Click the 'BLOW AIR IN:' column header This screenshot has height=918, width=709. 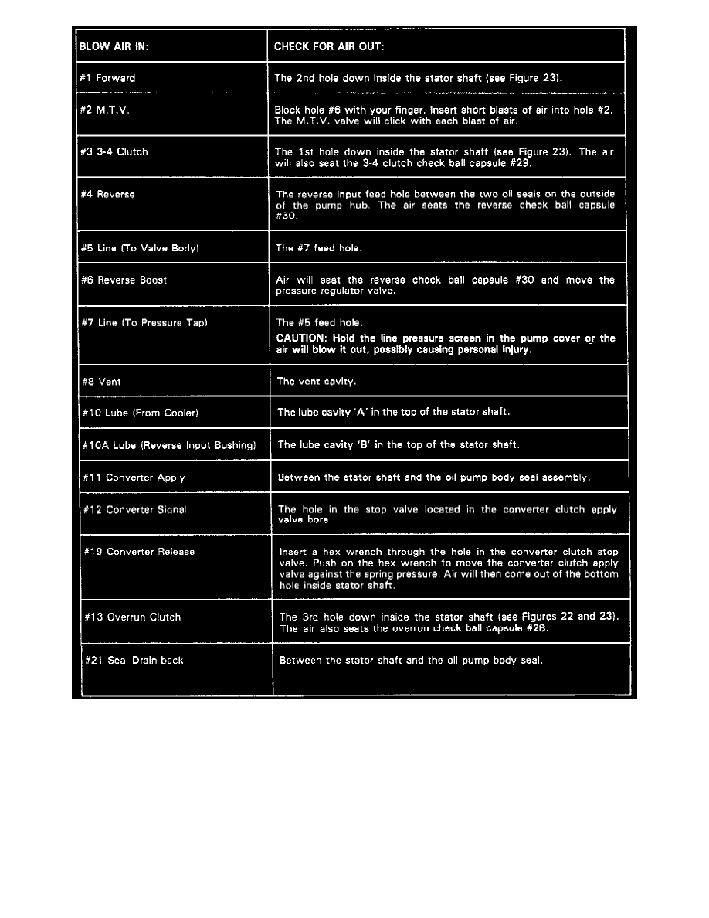click(x=114, y=46)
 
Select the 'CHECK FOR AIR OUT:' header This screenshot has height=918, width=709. click(x=329, y=46)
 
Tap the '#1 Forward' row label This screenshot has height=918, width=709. click(x=107, y=78)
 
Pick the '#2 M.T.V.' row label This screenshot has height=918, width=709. click(x=104, y=110)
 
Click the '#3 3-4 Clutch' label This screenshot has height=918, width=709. click(x=114, y=151)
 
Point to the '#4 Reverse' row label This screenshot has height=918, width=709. click(x=107, y=194)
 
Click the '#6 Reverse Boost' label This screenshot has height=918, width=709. click(x=124, y=280)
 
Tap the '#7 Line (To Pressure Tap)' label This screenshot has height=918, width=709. click(x=143, y=322)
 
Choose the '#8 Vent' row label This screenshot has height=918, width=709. click(x=101, y=382)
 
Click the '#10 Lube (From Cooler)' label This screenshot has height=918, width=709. click(x=141, y=413)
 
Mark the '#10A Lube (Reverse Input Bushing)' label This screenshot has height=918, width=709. click(x=169, y=445)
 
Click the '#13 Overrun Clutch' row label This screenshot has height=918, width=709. click(x=133, y=617)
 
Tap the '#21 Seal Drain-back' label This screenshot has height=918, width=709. click(x=134, y=661)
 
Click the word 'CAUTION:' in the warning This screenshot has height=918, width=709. click(x=301, y=338)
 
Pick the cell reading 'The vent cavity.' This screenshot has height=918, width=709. click(x=317, y=382)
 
